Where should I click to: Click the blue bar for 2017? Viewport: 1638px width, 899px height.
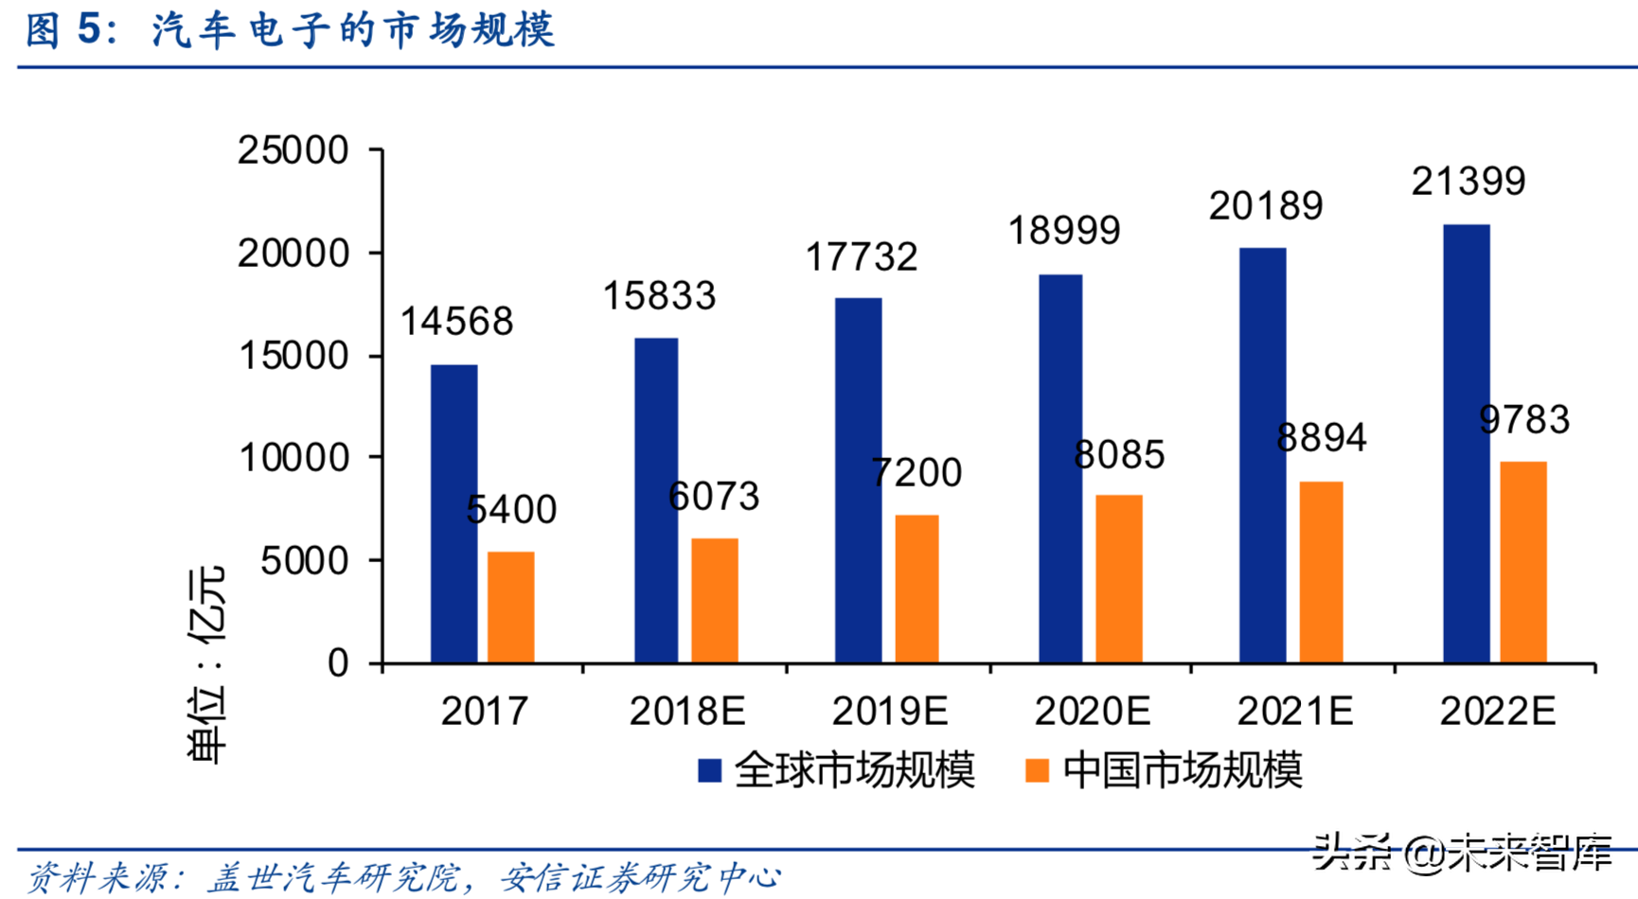(454, 514)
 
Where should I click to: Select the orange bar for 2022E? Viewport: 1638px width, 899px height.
(1522, 562)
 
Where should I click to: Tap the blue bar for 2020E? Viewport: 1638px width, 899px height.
(1060, 468)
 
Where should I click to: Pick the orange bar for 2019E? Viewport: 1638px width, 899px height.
(917, 589)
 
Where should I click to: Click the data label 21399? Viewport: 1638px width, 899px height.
(1468, 182)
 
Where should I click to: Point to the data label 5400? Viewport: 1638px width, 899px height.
(511, 510)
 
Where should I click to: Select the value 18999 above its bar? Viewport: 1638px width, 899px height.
(1063, 231)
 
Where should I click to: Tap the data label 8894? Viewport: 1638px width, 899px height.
(1321, 438)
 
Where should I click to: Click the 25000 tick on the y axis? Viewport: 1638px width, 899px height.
(293, 150)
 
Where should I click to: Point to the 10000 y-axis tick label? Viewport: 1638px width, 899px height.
(293, 458)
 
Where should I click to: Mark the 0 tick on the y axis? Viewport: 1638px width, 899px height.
(338, 663)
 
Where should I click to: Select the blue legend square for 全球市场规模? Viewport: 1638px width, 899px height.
(709, 770)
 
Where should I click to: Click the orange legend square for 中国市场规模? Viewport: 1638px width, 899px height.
(1038, 770)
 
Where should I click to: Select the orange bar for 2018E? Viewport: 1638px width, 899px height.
(714, 600)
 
